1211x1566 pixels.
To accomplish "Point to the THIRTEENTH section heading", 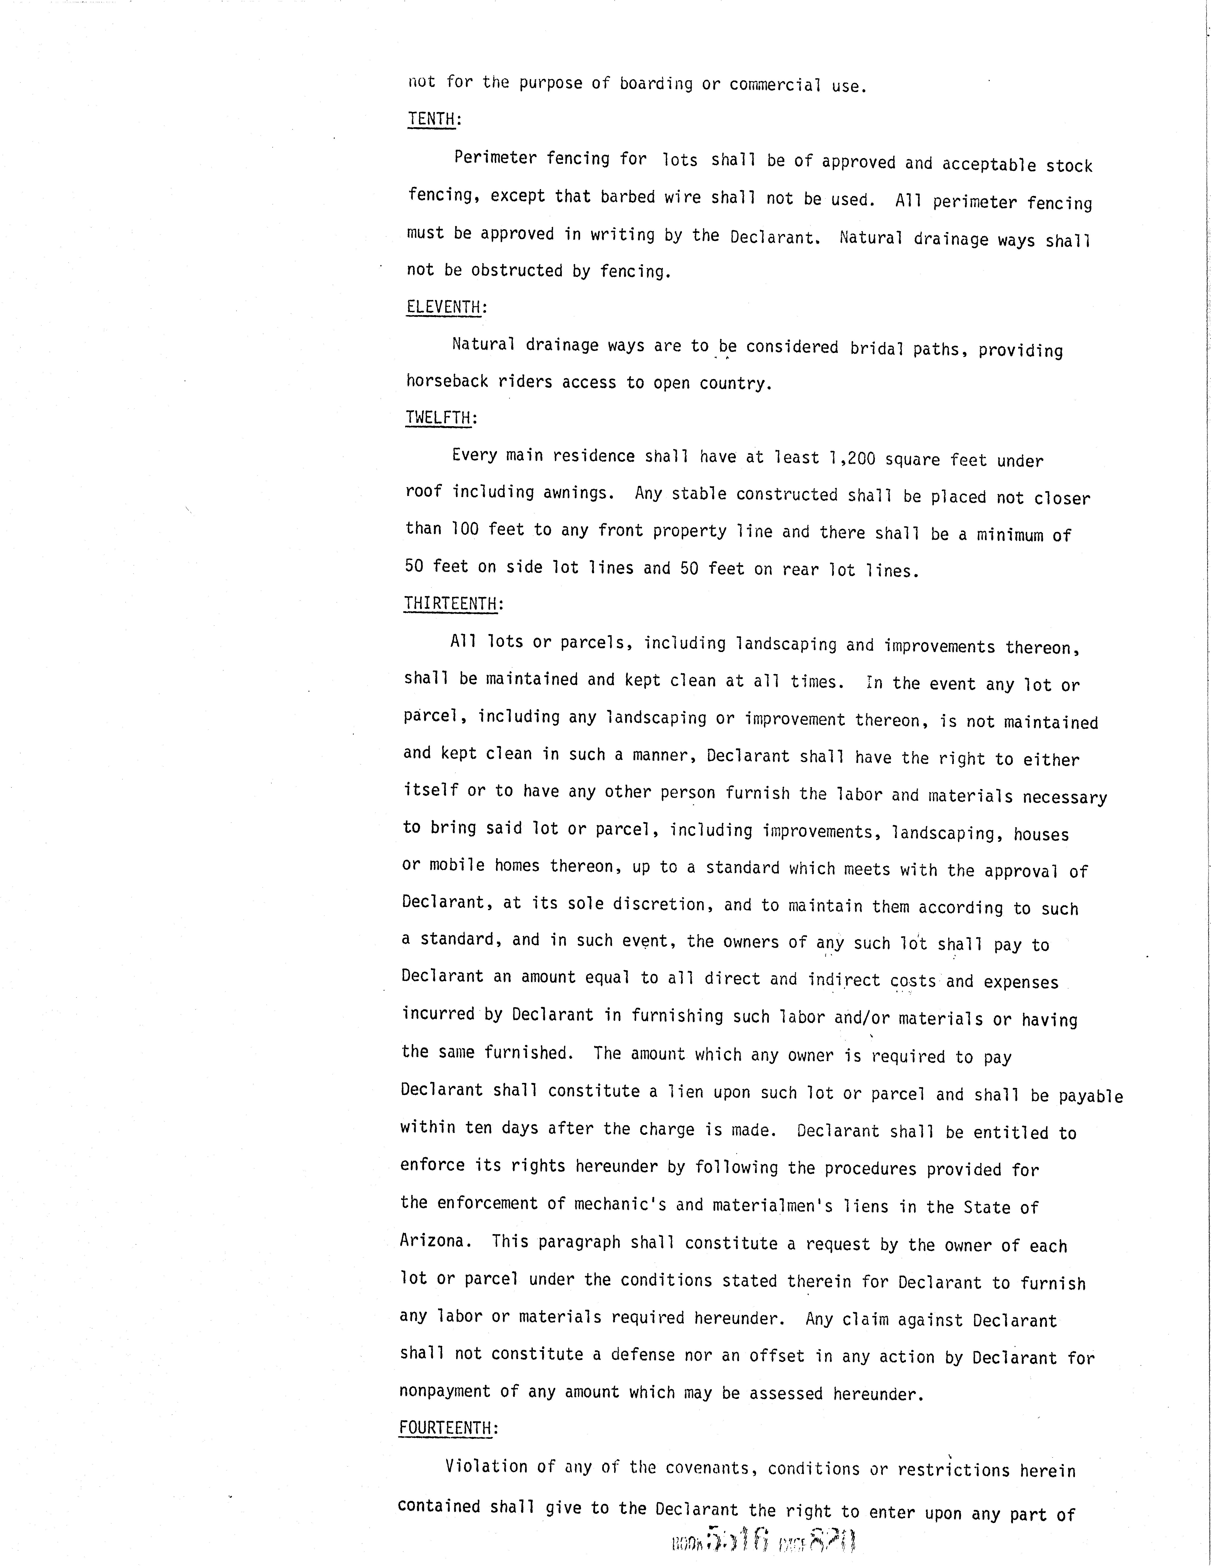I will pos(450,604).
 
